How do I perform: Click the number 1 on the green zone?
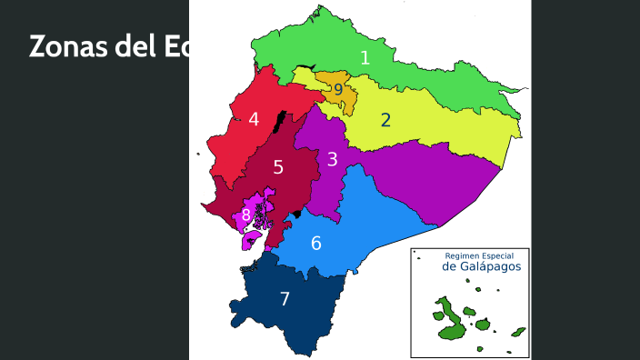(365, 58)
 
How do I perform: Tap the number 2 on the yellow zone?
(385, 119)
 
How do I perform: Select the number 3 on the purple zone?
(333, 159)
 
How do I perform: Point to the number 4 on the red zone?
(254, 119)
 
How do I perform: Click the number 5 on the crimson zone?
(278, 167)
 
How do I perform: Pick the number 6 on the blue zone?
(315, 244)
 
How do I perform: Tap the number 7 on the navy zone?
(285, 299)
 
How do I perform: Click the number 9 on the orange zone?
(338, 90)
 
